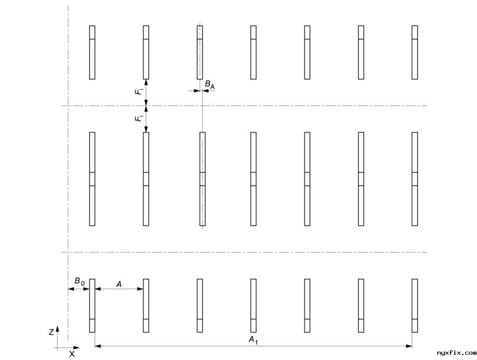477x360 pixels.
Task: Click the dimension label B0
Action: click(79, 281)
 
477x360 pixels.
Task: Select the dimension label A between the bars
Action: click(119, 284)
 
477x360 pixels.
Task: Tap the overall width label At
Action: click(253, 340)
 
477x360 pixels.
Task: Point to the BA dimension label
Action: click(210, 84)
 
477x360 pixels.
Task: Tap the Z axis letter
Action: click(51, 332)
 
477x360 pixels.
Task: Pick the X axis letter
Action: click(72, 354)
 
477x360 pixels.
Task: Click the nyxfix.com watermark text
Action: click(456, 353)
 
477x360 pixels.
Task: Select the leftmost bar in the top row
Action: click(92, 52)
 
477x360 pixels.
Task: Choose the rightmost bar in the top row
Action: click(415, 52)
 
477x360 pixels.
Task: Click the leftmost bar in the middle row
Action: click(92, 179)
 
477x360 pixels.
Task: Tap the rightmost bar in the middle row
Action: click(415, 179)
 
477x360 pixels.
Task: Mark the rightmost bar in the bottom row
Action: click(415, 306)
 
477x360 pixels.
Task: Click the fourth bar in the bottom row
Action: click(254, 306)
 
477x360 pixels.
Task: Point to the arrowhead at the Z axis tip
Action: click(57, 328)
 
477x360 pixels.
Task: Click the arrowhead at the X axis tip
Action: click(77, 348)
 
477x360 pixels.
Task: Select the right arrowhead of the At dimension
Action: click(409, 346)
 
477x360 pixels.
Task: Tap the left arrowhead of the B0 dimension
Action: click(71, 289)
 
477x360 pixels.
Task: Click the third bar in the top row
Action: click(200, 52)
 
